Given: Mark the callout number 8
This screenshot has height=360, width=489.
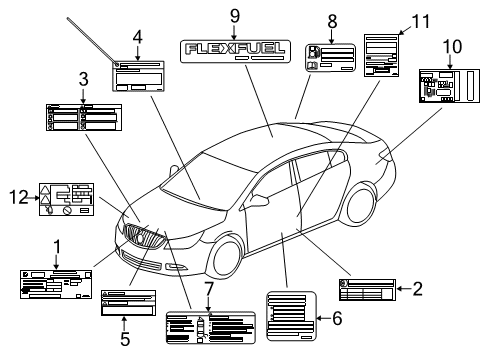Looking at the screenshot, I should (332, 20).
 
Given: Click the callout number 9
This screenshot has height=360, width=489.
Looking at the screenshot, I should (234, 15).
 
